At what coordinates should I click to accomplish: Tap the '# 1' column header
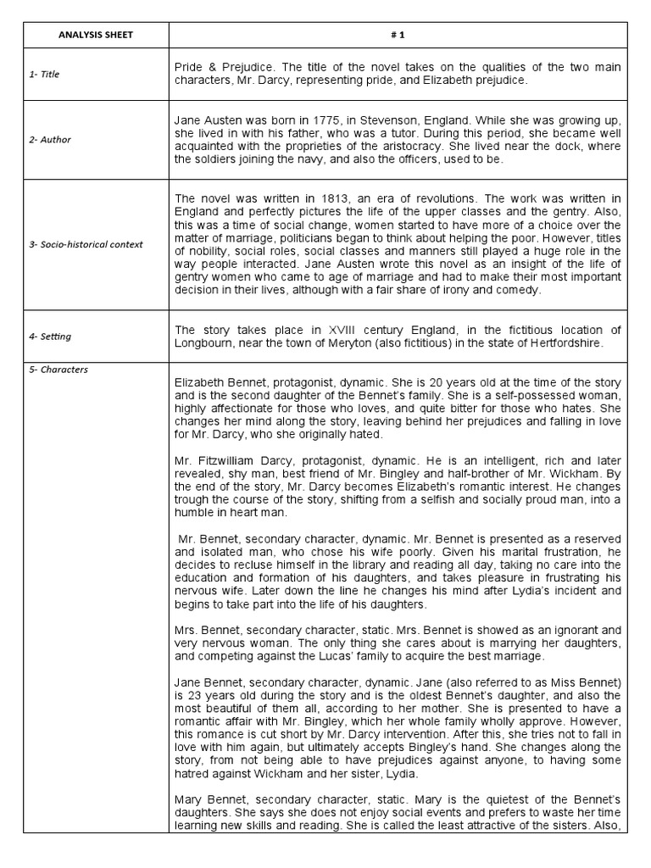[398, 35]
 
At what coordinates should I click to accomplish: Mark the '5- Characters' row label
[58, 370]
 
